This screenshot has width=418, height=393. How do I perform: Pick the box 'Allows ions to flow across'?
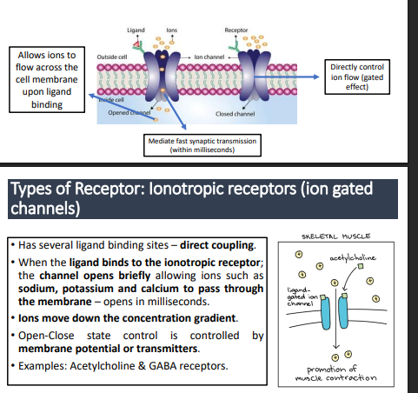48,80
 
